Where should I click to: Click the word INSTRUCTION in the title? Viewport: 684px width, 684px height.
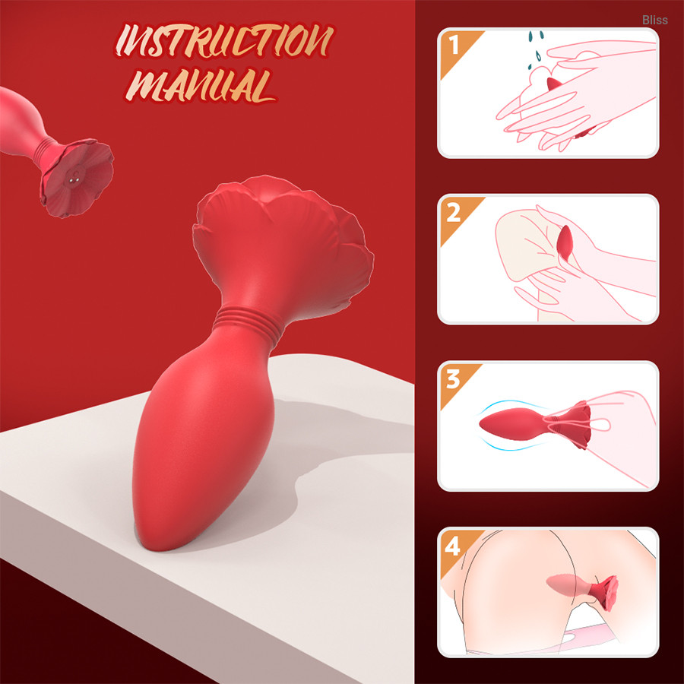(x=224, y=41)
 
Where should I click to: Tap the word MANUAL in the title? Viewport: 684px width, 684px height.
(x=201, y=85)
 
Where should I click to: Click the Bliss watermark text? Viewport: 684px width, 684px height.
(x=655, y=20)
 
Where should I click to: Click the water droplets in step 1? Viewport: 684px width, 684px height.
(x=536, y=49)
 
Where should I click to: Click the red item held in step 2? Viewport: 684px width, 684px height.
(x=565, y=242)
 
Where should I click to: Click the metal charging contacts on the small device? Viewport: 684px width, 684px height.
(x=75, y=179)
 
